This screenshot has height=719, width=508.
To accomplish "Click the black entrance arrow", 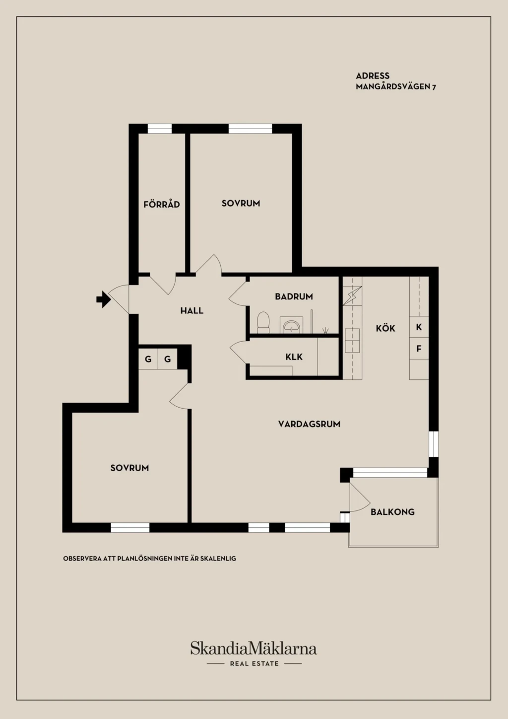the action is pyautogui.click(x=104, y=299).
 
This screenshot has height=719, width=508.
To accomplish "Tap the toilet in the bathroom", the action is pyautogui.click(x=263, y=322).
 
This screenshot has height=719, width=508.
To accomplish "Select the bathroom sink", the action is pyautogui.click(x=291, y=325).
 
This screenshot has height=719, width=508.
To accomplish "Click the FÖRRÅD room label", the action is pyautogui.click(x=162, y=204).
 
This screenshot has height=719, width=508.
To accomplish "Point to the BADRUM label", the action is pyautogui.click(x=294, y=296).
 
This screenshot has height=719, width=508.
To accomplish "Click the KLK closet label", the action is pyautogui.click(x=294, y=357).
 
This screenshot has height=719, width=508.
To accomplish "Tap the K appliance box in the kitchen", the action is pyautogui.click(x=419, y=327).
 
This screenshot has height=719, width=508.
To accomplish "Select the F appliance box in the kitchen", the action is pyautogui.click(x=419, y=348).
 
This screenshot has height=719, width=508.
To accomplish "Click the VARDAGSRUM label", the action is pyautogui.click(x=309, y=424).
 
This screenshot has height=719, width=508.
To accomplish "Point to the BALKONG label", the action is pyautogui.click(x=392, y=511).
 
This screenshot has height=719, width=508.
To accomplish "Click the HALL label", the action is pyautogui.click(x=192, y=310).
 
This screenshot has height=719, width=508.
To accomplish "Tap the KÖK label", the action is pyautogui.click(x=385, y=328).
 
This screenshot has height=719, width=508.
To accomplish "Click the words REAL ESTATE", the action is pyautogui.click(x=254, y=663).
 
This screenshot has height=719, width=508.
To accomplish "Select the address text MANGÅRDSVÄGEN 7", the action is pyautogui.click(x=396, y=86).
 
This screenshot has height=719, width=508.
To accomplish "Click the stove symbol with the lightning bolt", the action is pyautogui.click(x=352, y=295).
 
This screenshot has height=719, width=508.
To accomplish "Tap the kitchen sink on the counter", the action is pyautogui.click(x=352, y=341).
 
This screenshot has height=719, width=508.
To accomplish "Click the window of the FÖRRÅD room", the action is pyautogui.click(x=160, y=129).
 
